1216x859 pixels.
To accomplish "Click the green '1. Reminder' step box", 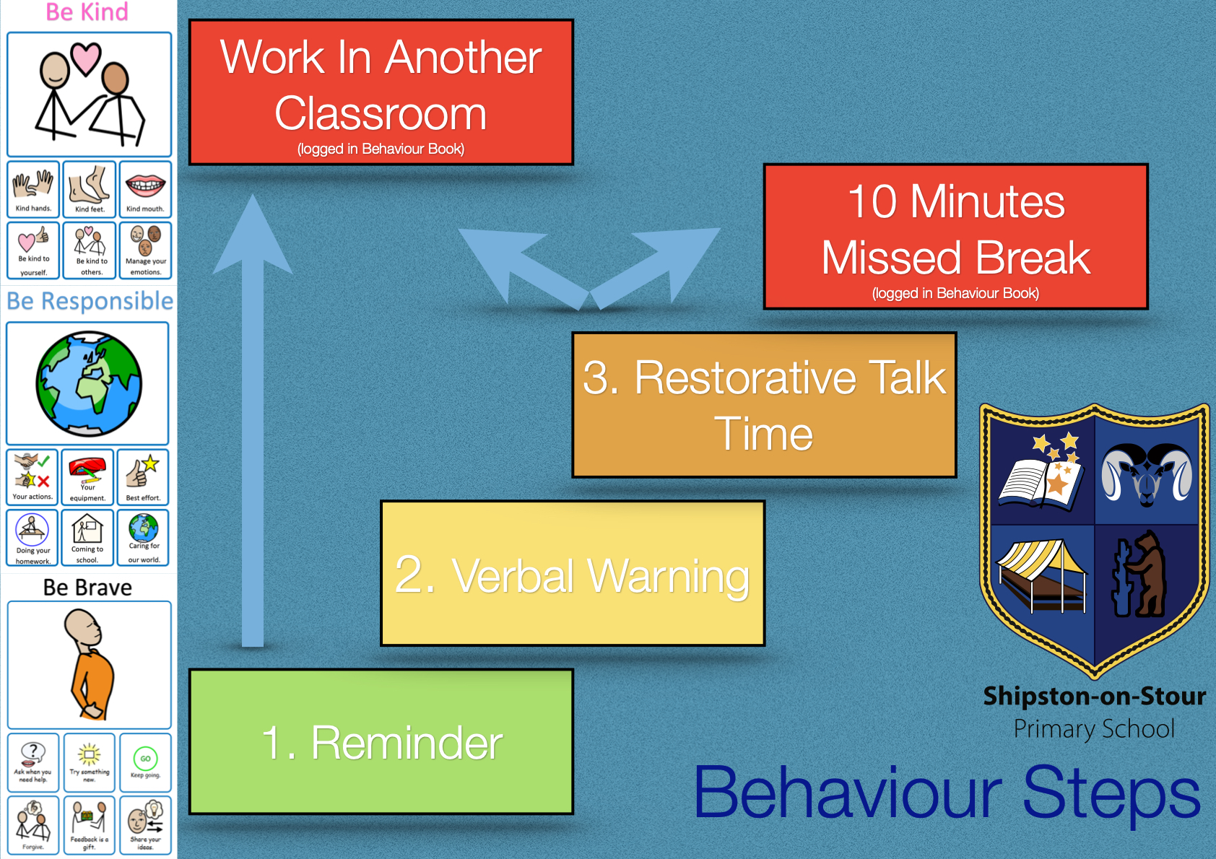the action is point(381,742).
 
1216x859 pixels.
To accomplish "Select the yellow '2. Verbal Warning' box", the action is point(573,573).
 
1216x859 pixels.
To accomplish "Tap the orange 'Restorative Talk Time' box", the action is point(765,405).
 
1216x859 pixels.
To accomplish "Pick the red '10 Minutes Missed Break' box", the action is point(956,237).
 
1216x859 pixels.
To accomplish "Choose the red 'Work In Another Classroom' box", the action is point(381,92).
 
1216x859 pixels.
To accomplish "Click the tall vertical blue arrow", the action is point(253,421).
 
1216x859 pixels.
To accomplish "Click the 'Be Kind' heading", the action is point(87,12).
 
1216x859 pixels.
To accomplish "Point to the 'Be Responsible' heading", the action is point(90,301).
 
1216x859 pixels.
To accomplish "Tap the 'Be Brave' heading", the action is point(87,588).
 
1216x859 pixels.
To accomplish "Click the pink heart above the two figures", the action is point(87,58).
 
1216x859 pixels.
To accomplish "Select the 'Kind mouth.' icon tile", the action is point(145,189).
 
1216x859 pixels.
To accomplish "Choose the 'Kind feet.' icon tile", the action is point(90,189).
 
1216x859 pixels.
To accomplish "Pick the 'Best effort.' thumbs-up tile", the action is point(143,477).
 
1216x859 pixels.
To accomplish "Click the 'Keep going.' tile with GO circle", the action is point(145,762).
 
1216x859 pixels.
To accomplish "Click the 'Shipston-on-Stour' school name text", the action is point(1095,696).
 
